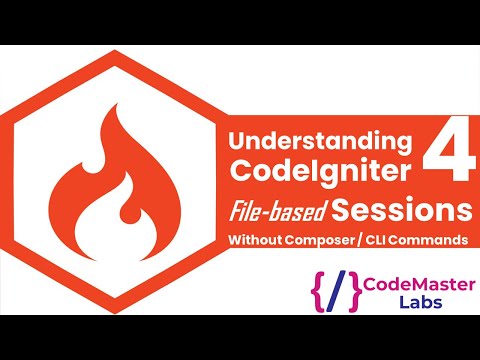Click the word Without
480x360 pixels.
coord(260,241)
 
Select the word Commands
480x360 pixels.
coord(440,241)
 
